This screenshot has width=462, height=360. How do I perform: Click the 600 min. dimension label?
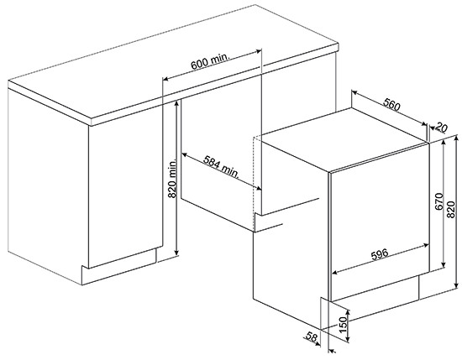210,61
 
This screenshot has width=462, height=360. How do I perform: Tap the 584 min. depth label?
221,167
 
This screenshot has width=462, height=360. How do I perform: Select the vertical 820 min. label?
171,179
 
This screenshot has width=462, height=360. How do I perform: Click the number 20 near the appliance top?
441,128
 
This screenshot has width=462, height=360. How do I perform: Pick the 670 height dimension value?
438,201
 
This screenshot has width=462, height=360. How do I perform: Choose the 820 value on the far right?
450,209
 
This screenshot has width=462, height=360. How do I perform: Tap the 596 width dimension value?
380,254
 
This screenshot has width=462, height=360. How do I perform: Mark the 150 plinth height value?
344,325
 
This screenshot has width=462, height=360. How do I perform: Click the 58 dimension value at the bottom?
312,337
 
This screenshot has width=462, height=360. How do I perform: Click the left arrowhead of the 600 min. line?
165,79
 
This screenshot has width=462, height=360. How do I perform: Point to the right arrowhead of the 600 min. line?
259,51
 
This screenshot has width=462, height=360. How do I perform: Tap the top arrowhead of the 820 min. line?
176,102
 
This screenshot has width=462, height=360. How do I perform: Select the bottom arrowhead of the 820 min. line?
176,253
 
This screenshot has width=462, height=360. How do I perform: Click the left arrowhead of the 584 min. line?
184,154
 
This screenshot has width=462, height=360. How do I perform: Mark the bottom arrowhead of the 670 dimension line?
444,265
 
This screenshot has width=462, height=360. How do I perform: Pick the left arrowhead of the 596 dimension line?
335,272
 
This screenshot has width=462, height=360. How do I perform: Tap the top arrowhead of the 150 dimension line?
349,313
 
